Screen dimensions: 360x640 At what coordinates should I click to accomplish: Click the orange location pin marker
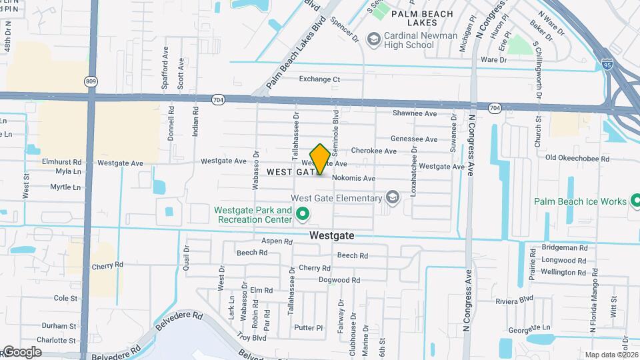click(320, 159)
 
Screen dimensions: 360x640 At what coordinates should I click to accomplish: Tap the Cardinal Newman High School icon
click(373, 39)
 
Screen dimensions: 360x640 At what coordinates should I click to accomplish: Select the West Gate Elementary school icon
click(393, 197)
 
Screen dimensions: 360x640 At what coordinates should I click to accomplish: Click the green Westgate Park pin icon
click(302, 214)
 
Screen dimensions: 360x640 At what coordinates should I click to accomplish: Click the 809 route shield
click(91, 81)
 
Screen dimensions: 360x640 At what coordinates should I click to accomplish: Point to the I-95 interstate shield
click(607, 64)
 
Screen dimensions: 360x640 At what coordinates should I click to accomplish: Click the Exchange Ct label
click(319, 79)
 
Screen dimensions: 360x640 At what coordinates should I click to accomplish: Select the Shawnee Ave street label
click(414, 113)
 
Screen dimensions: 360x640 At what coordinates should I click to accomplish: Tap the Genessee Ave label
click(413, 139)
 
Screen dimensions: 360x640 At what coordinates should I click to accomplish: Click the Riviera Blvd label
click(515, 299)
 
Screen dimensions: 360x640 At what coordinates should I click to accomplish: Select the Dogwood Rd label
click(339, 280)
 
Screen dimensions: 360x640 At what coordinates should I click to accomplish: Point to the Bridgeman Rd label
click(565, 247)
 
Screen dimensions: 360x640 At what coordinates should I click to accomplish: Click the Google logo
click(21, 352)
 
